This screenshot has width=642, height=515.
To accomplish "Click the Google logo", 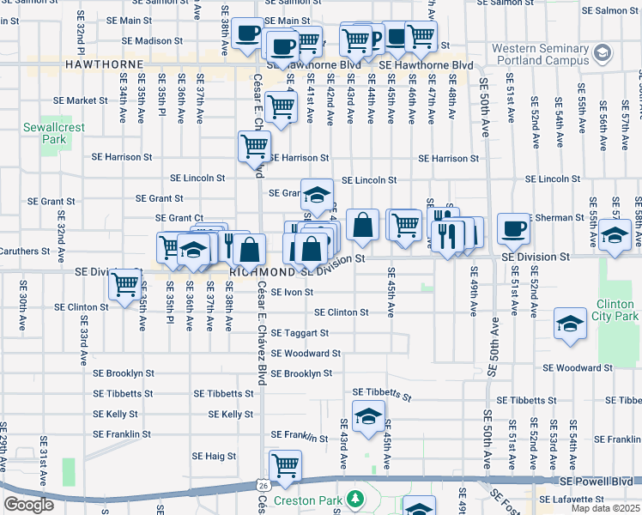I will (x=28, y=505).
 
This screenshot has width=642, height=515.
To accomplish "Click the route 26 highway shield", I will (x=262, y=484).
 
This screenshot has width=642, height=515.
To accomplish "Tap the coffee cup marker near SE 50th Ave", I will (x=513, y=228).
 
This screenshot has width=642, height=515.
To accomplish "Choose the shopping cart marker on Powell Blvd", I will (x=285, y=466).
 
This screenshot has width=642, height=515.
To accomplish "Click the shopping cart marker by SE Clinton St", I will (x=125, y=283).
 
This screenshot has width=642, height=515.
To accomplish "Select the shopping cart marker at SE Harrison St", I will (x=254, y=147).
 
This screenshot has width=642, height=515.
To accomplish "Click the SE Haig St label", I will (x=214, y=456).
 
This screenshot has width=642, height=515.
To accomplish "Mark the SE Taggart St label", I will (x=300, y=332).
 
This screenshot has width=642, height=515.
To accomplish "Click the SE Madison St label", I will (x=152, y=40).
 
